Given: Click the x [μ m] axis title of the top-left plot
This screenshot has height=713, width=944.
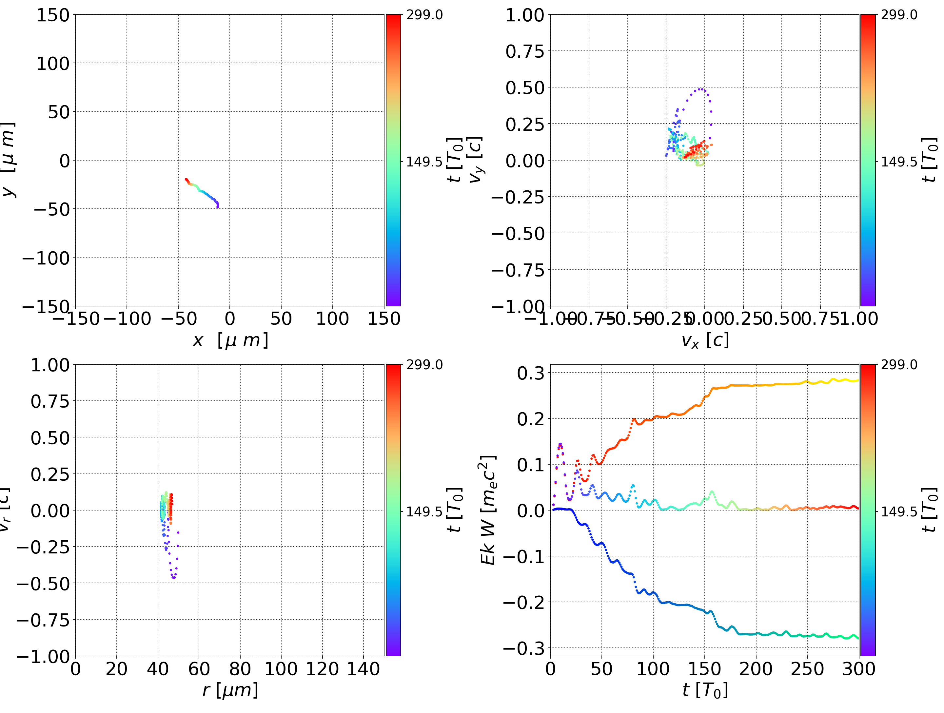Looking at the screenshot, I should [x=230, y=340].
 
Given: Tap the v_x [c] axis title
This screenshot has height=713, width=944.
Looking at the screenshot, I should [x=705, y=340].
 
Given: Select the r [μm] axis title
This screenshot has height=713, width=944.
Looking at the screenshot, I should [x=230, y=690].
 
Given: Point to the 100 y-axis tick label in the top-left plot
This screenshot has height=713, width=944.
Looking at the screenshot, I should [x=52, y=64].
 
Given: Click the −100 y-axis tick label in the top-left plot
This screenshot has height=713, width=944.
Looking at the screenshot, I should [x=46, y=258].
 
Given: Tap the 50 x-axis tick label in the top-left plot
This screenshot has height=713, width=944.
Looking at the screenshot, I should [x=281, y=319].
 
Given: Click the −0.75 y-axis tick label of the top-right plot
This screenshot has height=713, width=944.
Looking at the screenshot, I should [x=518, y=270].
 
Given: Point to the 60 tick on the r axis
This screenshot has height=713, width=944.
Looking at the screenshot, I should [x=199, y=669].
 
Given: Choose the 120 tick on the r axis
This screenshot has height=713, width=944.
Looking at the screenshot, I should [x=322, y=669].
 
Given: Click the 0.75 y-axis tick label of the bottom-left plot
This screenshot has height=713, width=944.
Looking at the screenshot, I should [x=50, y=401].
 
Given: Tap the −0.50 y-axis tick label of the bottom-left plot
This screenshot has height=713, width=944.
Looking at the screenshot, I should [x=43, y=584].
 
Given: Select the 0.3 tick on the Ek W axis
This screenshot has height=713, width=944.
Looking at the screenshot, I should [x=531, y=373].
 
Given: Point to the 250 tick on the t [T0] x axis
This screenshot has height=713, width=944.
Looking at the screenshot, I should [x=807, y=669].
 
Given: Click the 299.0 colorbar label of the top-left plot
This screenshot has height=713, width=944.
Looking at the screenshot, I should [x=424, y=15].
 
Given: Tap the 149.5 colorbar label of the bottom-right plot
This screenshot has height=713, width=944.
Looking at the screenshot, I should [x=899, y=511].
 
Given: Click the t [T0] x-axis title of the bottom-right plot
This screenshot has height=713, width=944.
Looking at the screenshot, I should [x=705, y=690].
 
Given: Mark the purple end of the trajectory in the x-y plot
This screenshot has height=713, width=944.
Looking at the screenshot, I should [x=217, y=206].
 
